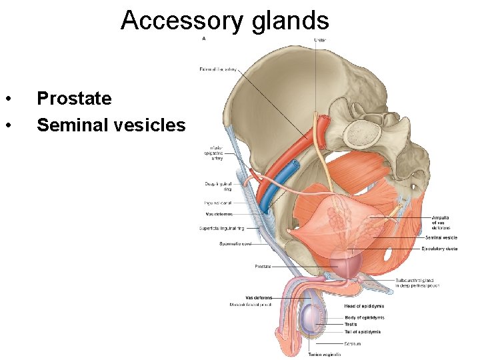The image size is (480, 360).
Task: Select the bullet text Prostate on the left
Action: (74, 99)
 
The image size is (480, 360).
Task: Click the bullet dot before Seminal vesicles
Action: (7, 125)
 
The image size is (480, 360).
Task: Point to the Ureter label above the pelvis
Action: (321, 39)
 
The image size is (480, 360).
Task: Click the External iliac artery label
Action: (219, 69)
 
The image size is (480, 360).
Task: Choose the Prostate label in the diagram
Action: (262, 267)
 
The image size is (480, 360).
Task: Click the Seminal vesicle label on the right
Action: (441, 237)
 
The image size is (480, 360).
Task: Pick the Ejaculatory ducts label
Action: (439, 249)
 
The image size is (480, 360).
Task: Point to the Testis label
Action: (351, 324)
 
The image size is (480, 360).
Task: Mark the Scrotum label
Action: (353, 344)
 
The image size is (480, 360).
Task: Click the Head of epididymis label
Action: (364, 307)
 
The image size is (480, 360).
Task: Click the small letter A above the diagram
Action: (203, 39)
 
